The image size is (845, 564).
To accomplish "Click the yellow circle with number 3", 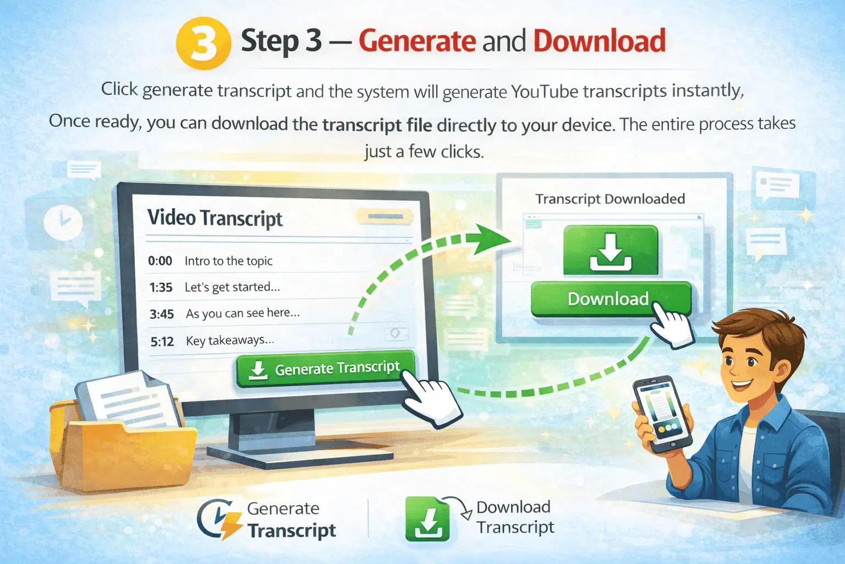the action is coord(204,43).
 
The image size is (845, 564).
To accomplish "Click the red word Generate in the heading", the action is coord(417,41).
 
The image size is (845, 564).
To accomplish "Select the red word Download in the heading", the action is coord(600,40).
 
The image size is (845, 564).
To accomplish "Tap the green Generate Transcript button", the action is coord(326,368).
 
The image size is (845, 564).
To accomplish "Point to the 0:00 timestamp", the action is coord(160,261).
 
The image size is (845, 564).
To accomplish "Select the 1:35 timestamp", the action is coord(161,288).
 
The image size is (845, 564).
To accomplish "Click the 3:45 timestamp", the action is coord(161,314).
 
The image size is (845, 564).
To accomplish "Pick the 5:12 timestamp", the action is coord(162,341).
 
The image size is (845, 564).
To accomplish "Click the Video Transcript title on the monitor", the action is coord(215,218).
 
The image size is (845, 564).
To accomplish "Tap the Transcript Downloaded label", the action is coord(610,199).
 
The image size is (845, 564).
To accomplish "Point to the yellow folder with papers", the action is coord(120,435).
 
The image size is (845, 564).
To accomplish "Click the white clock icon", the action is coord(63,223).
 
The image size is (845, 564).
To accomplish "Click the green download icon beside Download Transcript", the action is coord(427,519).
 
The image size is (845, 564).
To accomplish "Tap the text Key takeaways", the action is coord(230,341).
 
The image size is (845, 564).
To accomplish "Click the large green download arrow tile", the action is coord(611,250).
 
